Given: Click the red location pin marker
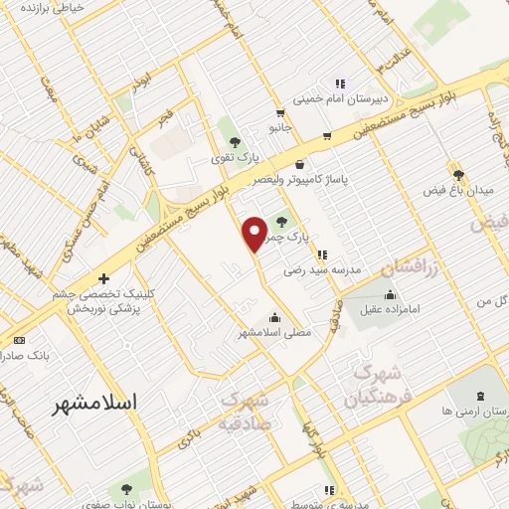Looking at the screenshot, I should [x=255, y=234].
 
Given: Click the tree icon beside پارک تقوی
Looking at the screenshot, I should [x=235, y=141].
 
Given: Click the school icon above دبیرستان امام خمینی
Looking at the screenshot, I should [x=339, y=84].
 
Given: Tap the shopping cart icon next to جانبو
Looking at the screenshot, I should [x=327, y=137].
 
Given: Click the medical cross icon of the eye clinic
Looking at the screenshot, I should [x=103, y=279].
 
